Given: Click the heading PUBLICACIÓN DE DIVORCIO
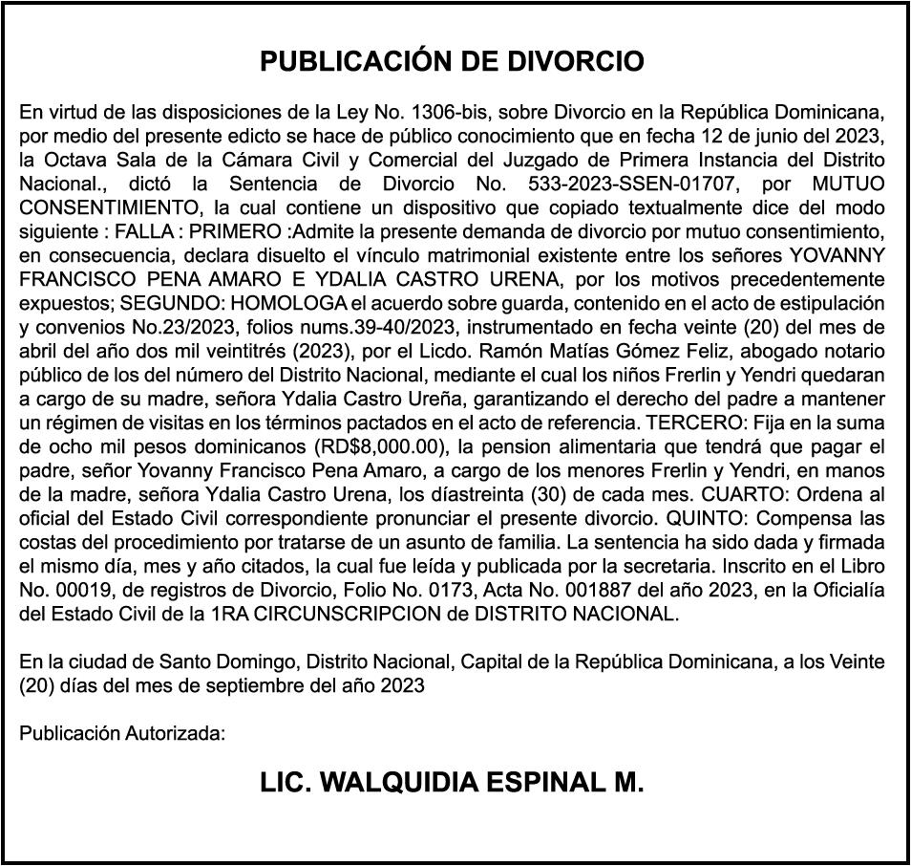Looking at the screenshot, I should coord(453,62).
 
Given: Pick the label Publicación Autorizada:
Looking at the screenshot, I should coord(122,734).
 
